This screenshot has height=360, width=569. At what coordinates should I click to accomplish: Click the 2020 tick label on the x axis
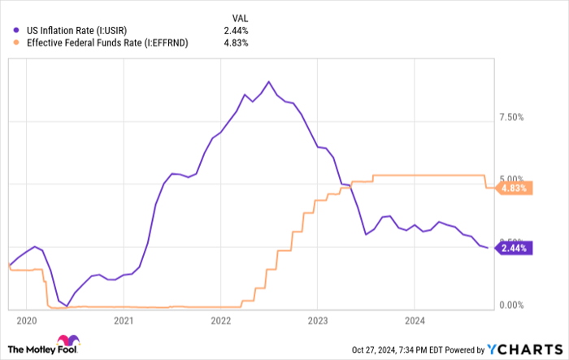coord(26,320)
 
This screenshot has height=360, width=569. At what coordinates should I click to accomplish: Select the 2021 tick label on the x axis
coord(124,320)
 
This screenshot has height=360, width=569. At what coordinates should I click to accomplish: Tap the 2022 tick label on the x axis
coord(221,320)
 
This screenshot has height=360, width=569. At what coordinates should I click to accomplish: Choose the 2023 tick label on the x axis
coord(318,320)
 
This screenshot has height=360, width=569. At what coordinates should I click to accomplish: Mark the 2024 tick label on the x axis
coord(415,320)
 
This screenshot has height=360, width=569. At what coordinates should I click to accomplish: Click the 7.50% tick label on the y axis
coord(515,117)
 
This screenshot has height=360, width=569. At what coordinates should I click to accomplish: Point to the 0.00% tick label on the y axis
coord(515,306)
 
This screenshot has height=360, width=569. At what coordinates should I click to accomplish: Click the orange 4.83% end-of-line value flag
coord(515,188)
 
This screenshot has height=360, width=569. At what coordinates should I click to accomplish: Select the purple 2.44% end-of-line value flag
coord(515,248)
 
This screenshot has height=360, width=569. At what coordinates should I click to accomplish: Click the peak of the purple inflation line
coord(269,81)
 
